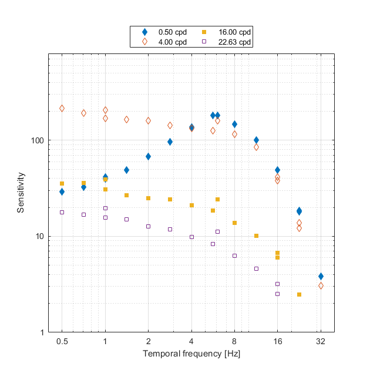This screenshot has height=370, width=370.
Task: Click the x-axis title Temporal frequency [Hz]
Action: pyautogui.click(x=191, y=354)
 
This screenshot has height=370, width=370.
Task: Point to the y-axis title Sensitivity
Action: pyautogui.click(x=21, y=193)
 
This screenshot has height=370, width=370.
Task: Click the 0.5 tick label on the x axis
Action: pyautogui.click(x=62, y=342)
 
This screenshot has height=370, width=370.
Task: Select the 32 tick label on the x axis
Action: pyautogui.click(x=321, y=342)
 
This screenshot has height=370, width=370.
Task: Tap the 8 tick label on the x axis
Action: pyautogui.click(x=234, y=342)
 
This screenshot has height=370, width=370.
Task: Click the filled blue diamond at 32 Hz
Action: pyautogui.click(x=321, y=276)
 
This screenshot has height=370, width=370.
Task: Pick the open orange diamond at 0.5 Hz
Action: pyautogui.click(x=62, y=108)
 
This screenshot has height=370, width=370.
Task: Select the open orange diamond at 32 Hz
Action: pyautogui.click(x=321, y=285)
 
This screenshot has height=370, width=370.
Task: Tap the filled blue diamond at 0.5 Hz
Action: pyautogui.click(x=62, y=191)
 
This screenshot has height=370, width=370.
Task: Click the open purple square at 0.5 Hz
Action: pyautogui.click(x=62, y=212)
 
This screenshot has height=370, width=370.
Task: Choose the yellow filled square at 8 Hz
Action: pyautogui.click(x=234, y=223)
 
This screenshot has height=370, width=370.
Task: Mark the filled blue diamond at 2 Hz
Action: pyautogui.click(x=148, y=156)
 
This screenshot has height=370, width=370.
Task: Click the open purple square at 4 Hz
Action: pyautogui.click(x=191, y=237)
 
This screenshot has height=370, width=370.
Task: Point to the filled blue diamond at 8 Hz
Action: pyautogui.click(x=234, y=124)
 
